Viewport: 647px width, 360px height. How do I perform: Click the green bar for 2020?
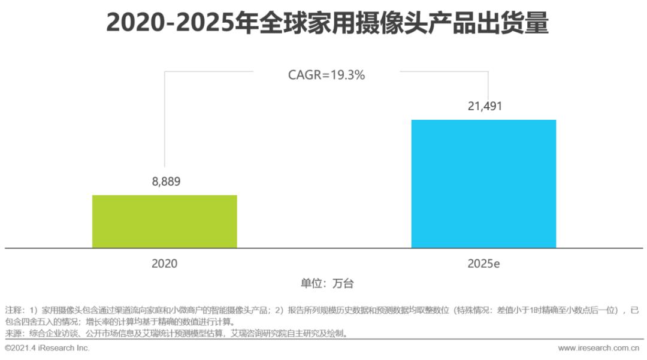(x=164, y=221)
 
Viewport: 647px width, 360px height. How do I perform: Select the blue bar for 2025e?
(x=483, y=183)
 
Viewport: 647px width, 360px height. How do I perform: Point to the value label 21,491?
(x=484, y=107)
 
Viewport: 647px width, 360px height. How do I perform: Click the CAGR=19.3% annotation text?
(x=326, y=75)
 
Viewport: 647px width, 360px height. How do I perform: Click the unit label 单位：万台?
(x=323, y=283)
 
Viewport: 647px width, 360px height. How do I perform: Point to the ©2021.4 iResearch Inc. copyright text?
(x=47, y=348)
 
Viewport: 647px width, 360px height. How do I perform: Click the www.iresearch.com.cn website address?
(x=598, y=348)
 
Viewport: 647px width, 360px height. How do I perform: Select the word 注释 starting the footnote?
(x=13, y=310)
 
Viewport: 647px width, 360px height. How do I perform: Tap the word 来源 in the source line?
(x=13, y=333)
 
